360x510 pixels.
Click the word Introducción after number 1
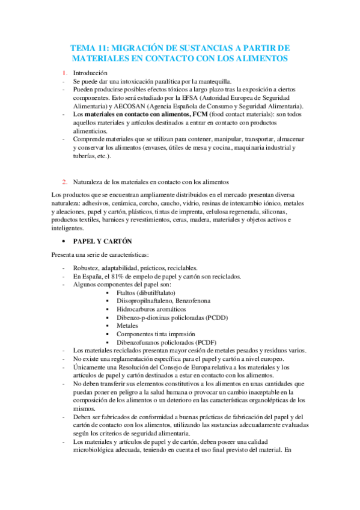90,73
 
